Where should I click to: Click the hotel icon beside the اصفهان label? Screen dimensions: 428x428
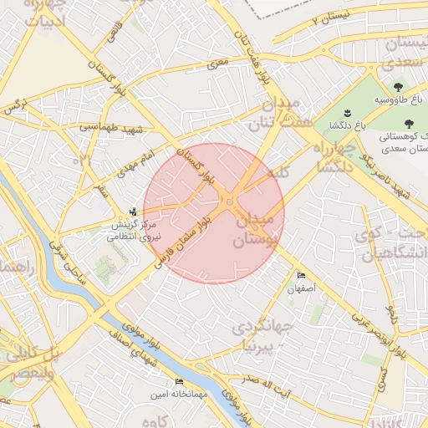click(301, 276)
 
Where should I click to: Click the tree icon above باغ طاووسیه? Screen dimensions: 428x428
click(396, 87)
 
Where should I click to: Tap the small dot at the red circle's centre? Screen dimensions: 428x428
click(230, 201)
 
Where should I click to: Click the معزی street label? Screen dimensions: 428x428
click(220, 64)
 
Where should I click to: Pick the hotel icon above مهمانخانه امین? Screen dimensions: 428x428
click(179, 382)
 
